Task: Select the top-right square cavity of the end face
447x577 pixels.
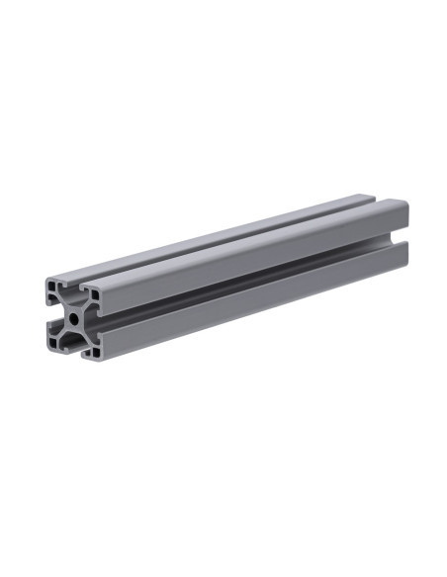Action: pos(95,293)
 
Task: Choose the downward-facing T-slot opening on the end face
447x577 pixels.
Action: pos(74,351)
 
